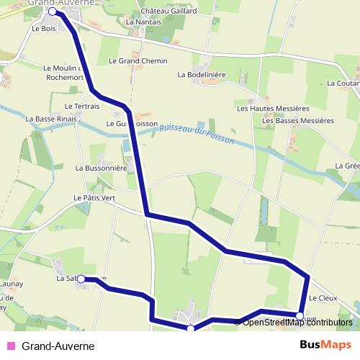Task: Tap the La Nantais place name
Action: pos(143,22)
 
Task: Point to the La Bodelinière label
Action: pos(202,74)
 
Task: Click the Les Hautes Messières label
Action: pos(273,108)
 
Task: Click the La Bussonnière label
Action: pos(102,168)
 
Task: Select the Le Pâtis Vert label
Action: pos(94,197)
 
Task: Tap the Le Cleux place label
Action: pos(323,297)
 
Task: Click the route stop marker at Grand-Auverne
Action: pos(53,12)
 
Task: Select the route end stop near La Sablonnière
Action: pos(81,279)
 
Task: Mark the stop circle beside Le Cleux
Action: pos(300,315)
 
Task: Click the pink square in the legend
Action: pos(10,346)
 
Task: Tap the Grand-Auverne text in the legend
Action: pos(58,346)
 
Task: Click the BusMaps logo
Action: pos(325,345)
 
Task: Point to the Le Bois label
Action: pos(44,29)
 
